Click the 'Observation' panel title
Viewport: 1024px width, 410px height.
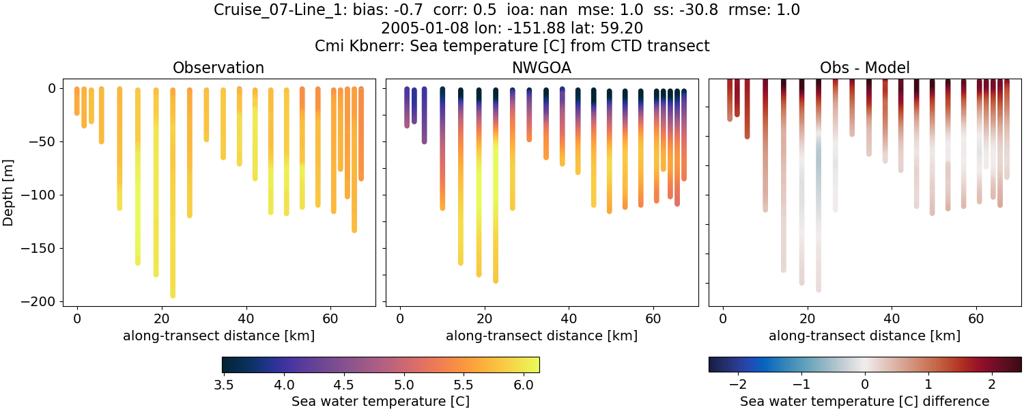218,68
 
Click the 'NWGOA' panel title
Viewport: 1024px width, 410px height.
541,68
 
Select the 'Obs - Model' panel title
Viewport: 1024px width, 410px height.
864,68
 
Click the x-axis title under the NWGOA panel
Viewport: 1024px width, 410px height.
541,336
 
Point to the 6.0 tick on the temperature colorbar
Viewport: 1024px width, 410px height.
523,385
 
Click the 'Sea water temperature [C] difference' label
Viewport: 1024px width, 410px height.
864,401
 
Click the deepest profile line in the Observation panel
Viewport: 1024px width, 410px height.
173,205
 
